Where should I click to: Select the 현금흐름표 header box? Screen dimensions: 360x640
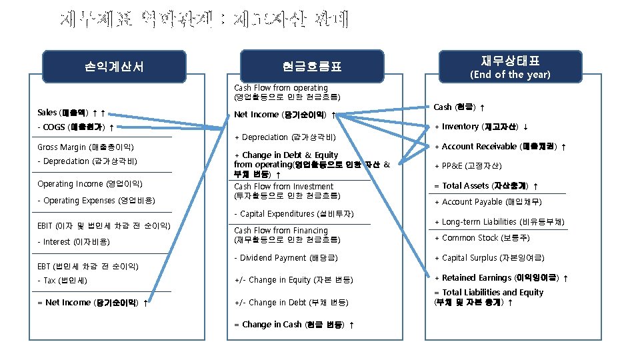[311, 66]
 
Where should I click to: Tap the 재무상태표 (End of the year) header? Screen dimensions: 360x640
[510, 67]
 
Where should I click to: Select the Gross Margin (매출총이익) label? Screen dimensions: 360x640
[86, 147]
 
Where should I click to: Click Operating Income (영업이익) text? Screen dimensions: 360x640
[89, 184]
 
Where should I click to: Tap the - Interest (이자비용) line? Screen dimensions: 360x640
[73, 242]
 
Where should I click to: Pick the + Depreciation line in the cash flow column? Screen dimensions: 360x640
[284, 137]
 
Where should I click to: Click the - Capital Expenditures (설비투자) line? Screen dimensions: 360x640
[293, 214]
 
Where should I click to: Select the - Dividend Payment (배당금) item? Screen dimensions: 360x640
[286, 258]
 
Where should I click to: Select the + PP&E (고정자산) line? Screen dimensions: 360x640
[468, 166]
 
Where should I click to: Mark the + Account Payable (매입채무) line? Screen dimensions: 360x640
[488, 202]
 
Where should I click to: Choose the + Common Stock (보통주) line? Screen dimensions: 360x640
[476, 238]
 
